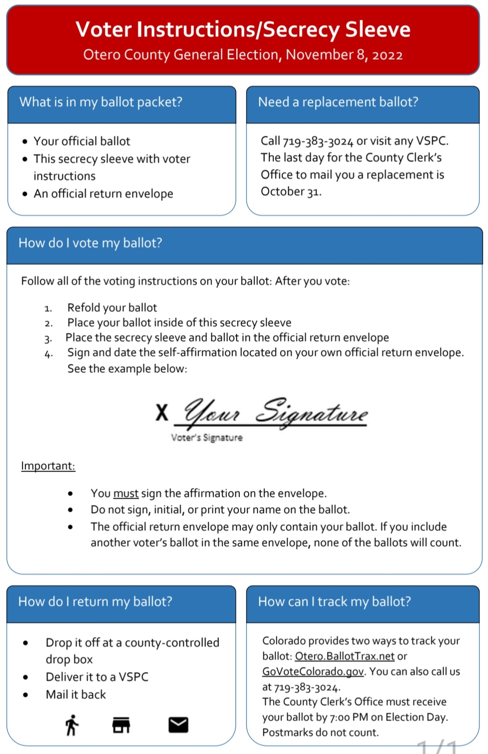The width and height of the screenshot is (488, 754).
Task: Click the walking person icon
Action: pyautogui.click(x=72, y=725)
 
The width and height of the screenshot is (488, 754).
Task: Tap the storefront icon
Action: pyautogui.click(x=121, y=725)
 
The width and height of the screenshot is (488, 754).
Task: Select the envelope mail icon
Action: pyautogui.click(x=178, y=725)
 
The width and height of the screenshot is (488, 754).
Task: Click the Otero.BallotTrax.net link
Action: pyautogui.click(x=344, y=656)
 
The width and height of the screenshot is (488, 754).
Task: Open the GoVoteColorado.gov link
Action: pyautogui.click(x=313, y=671)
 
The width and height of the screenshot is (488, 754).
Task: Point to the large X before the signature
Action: pyautogui.click(x=162, y=412)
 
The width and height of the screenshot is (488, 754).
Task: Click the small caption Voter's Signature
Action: pyautogui.click(x=206, y=437)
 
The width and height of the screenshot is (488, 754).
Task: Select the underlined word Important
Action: pyautogui.click(x=48, y=466)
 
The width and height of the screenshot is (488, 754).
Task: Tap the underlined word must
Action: pyautogui.click(x=126, y=493)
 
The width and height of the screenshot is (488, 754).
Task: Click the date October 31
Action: pyautogui.click(x=291, y=192)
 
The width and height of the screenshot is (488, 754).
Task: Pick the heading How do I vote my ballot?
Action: pyautogui.click(x=90, y=243)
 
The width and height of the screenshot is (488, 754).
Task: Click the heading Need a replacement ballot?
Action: pyautogui.click(x=338, y=102)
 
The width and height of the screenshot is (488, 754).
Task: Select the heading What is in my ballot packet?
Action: pyautogui.click(x=101, y=102)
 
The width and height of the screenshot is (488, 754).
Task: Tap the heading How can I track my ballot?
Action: pyautogui.click(x=334, y=601)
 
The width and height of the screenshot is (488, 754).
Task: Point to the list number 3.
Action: pyautogui.click(x=48, y=338)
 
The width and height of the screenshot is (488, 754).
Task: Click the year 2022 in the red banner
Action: pyautogui.click(x=387, y=55)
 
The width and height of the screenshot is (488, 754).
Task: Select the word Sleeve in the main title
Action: pyautogui.click(x=378, y=29)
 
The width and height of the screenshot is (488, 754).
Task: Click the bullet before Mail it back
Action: pyautogui.click(x=26, y=695)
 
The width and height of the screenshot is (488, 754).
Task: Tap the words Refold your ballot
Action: pyautogui.click(x=112, y=308)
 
